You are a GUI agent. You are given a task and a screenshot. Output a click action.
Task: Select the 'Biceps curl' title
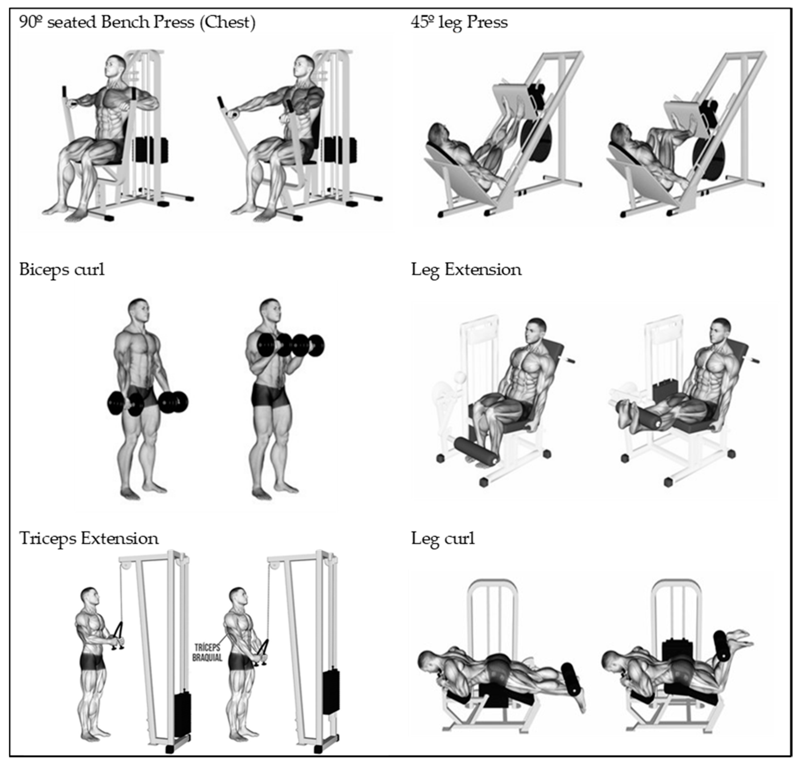(x=62, y=270)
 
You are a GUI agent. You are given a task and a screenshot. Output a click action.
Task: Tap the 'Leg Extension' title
(x=466, y=270)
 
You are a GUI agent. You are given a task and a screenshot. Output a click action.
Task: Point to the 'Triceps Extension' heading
(x=89, y=538)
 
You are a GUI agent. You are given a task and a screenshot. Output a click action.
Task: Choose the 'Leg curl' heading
(x=443, y=538)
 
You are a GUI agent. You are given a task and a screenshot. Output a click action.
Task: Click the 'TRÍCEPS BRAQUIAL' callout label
(x=207, y=653)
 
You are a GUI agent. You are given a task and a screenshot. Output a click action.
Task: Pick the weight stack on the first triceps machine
(x=183, y=714)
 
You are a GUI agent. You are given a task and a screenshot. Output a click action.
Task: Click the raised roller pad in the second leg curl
(x=722, y=646)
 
